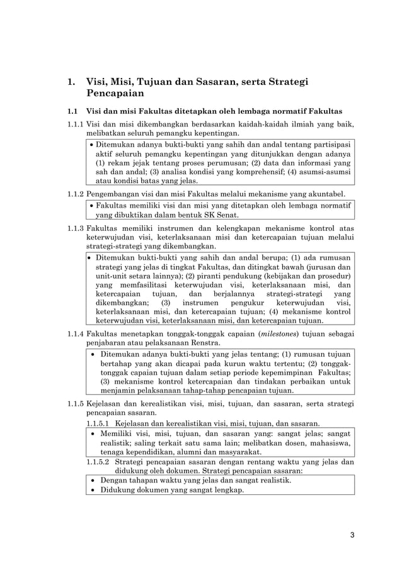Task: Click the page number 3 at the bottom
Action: pyautogui.click(x=352, y=535)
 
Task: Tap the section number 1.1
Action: pyautogui.click(x=73, y=111)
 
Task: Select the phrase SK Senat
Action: pyautogui.click(x=217, y=215)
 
